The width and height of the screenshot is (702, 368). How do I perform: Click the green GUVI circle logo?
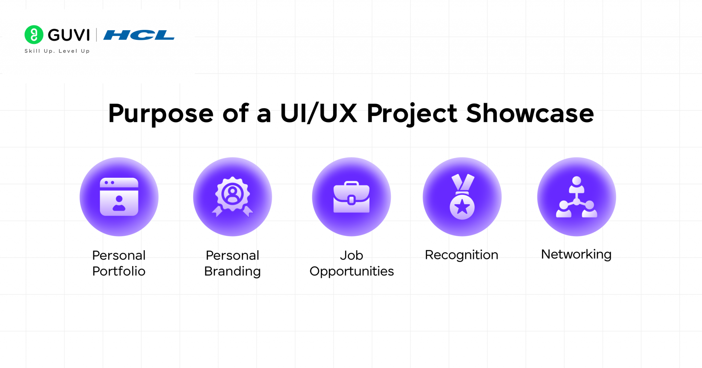point(34,35)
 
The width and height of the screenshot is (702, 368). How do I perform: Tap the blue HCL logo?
point(139,35)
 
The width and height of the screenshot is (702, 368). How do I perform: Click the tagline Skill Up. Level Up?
point(57,51)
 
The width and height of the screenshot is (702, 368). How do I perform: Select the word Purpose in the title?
point(161,114)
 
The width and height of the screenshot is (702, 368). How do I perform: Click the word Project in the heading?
point(412,114)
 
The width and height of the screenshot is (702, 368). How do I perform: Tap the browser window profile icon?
point(119,197)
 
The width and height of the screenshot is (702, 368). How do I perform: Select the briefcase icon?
point(351,197)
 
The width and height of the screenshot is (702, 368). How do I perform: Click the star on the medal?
point(462,207)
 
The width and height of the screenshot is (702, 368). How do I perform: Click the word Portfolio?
point(119,271)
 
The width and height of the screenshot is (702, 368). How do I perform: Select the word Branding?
point(232,272)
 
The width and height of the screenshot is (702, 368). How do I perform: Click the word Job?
point(351,255)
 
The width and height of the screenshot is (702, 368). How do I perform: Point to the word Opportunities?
point(351,272)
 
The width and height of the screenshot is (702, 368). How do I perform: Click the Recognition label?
point(461,255)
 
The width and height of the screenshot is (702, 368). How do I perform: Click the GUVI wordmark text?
point(69,35)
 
